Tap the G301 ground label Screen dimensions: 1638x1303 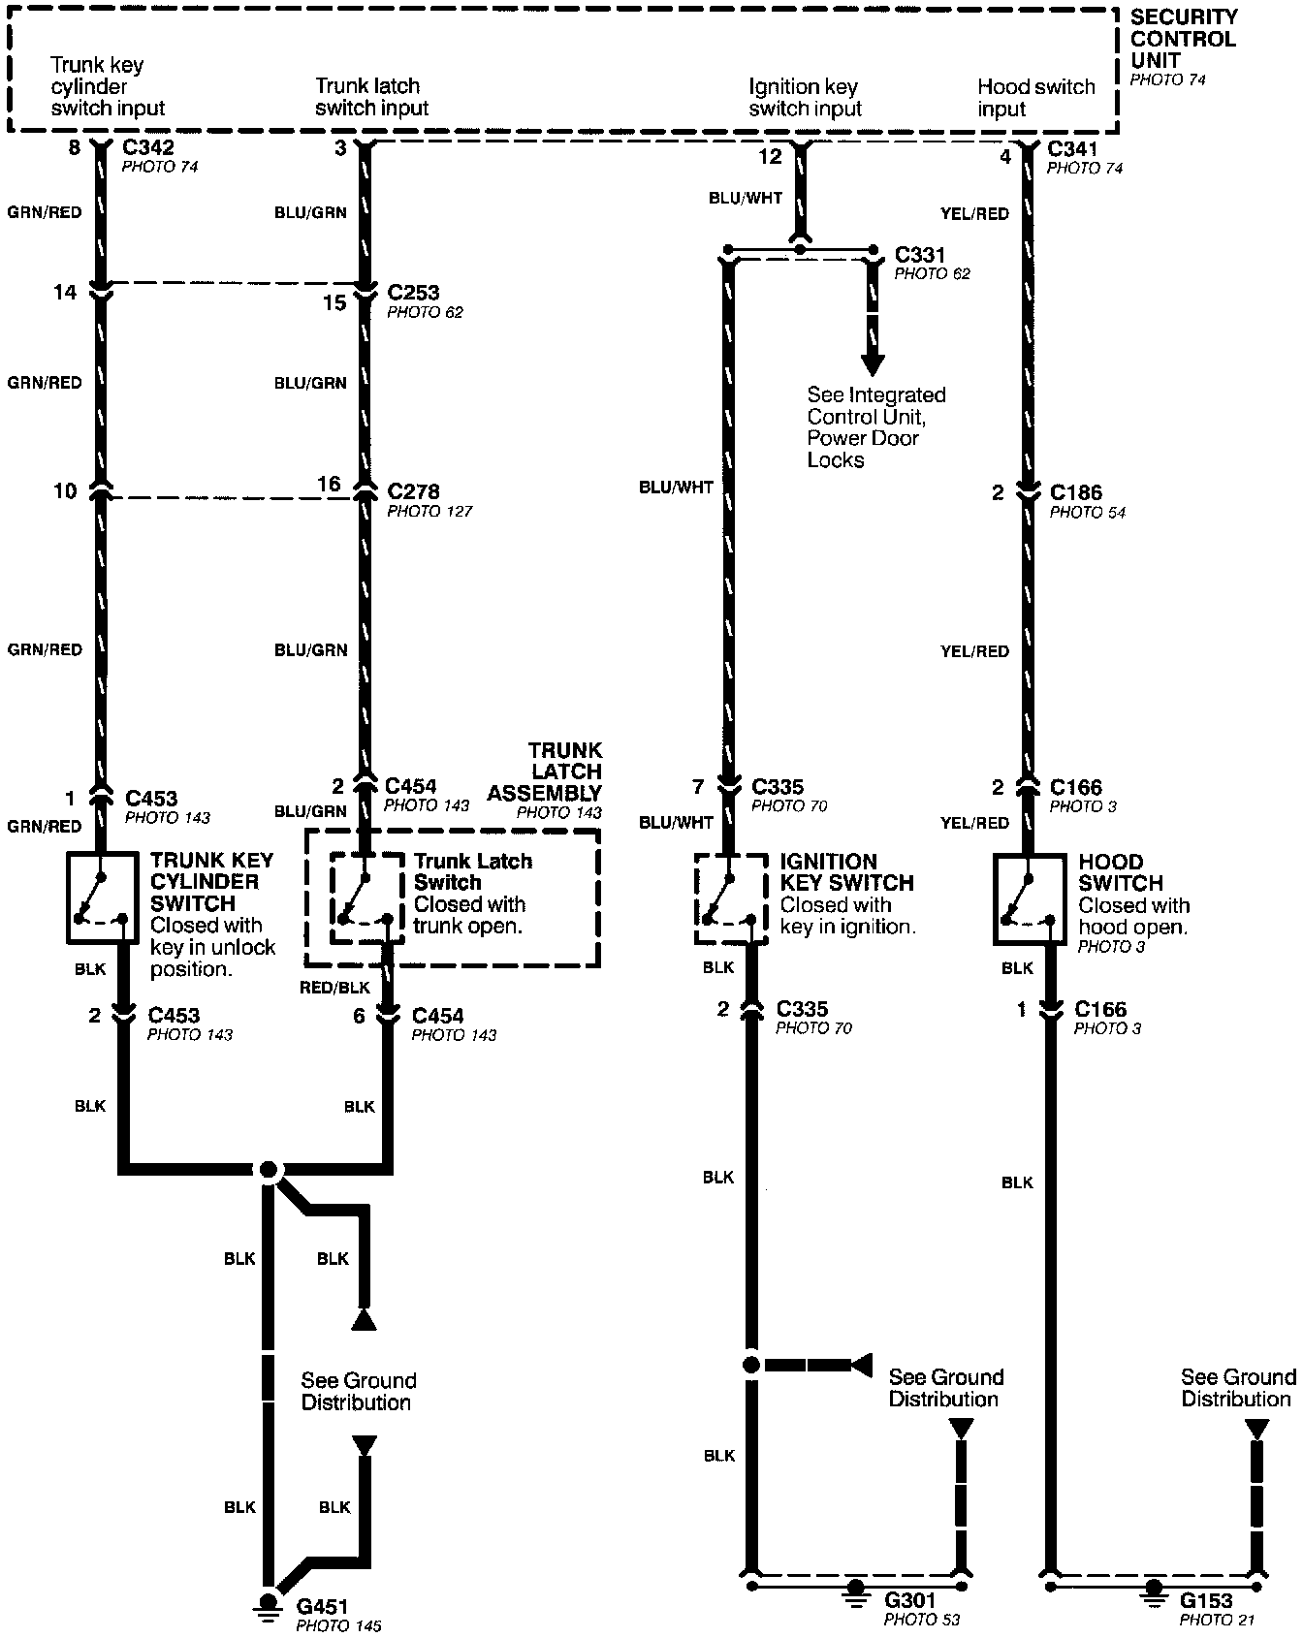[x=910, y=1599]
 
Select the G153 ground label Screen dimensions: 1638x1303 [x=1206, y=1599]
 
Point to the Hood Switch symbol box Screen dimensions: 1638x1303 [x=1030, y=898]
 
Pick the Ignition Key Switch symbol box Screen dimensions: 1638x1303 [x=731, y=898]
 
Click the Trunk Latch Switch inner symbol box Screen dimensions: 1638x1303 [x=367, y=898]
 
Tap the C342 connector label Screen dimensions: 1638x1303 [x=148, y=147]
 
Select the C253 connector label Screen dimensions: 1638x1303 [x=413, y=292]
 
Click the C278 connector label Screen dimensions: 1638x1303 [x=413, y=491]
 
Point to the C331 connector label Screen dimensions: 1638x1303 [x=920, y=255]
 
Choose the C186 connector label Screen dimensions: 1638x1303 [x=1076, y=492]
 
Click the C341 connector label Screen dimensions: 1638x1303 [x=1073, y=149]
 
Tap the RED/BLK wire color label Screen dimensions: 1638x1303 [x=334, y=988]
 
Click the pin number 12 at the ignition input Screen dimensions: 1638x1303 [x=770, y=156]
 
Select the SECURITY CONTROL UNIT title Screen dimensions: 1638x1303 [x=1184, y=39]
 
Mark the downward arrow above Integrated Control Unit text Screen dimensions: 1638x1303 [x=873, y=363]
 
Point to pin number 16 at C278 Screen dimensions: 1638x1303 [x=329, y=485]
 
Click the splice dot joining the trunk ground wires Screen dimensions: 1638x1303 [x=269, y=1169]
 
